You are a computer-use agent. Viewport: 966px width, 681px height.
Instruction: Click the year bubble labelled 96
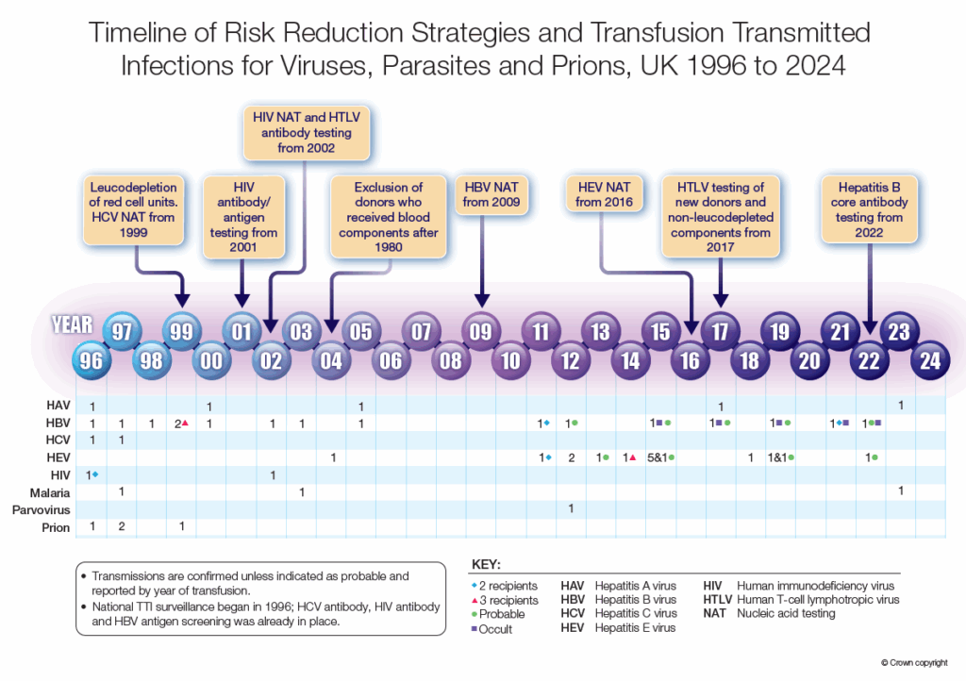pos(92,360)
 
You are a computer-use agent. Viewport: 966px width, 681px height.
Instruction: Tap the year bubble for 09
pos(481,331)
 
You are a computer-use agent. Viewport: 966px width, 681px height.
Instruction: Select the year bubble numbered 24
pos(930,360)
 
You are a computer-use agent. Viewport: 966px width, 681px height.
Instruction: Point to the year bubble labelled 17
pos(720,331)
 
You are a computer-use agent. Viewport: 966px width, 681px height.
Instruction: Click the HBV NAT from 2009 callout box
pos(491,193)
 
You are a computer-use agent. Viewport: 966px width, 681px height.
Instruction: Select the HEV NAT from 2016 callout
pos(603,193)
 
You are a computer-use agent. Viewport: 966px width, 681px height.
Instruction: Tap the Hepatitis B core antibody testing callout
pos(869,208)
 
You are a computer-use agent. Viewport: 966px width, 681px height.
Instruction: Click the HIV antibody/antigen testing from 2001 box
pos(243,217)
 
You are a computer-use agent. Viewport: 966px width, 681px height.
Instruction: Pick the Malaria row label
pos(55,491)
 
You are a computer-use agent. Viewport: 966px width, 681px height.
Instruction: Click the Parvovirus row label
pos(45,509)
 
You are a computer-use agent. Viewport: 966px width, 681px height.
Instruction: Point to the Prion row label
pos(57,527)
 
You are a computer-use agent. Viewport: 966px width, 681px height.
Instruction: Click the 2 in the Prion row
pos(122,526)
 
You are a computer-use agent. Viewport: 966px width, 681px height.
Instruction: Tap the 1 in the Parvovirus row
pos(571,509)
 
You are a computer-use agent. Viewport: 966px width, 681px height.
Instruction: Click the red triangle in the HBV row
pos(186,424)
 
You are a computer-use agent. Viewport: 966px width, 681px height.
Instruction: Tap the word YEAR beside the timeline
pos(73,325)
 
